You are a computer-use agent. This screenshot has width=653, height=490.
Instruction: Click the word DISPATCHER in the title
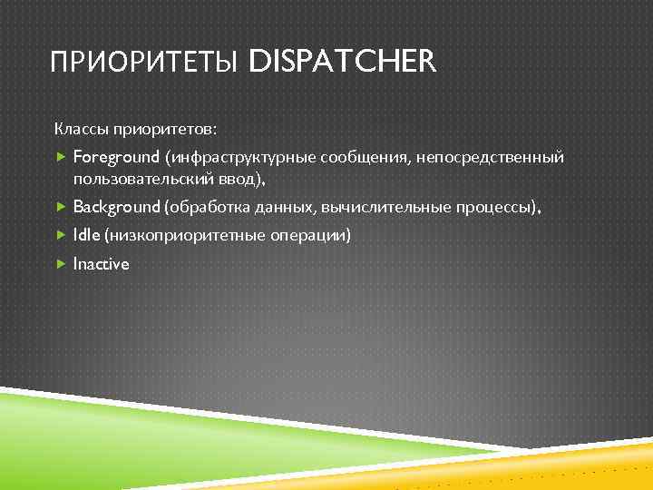click(x=342, y=63)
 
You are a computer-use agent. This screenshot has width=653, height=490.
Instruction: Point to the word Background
click(x=116, y=207)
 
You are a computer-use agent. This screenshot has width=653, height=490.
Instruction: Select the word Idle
click(x=87, y=236)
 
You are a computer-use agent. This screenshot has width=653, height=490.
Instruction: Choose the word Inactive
click(x=101, y=264)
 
